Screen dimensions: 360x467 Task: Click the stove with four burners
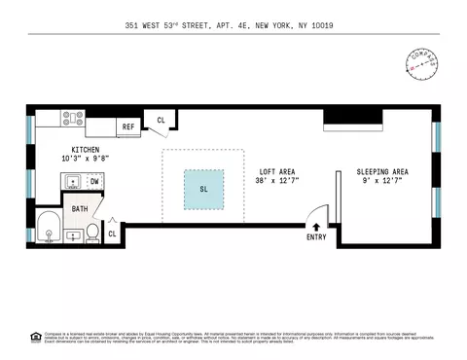pyautogui.click(x=73, y=121)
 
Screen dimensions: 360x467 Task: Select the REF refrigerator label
pyautogui.click(x=128, y=126)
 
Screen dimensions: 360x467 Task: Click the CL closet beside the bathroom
pyautogui.click(x=113, y=234)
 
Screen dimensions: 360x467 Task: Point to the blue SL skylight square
pyautogui.click(x=204, y=188)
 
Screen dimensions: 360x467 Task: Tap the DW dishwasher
pyautogui.click(x=94, y=181)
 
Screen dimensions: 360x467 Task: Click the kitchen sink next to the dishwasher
pyautogui.click(x=72, y=181)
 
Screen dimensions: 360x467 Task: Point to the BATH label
pyautogui.click(x=80, y=206)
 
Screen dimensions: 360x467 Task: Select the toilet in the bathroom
pyautogui.click(x=92, y=232)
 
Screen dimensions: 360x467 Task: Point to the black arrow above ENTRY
pyautogui.click(x=316, y=226)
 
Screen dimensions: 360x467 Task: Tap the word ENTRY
pyautogui.click(x=316, y=236)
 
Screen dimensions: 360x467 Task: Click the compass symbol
pyautogui.click(x=419, y=64)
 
